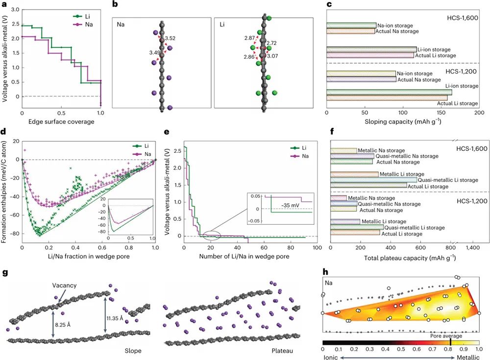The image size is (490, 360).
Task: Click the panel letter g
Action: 5,273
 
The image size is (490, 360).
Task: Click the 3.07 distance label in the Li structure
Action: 271,56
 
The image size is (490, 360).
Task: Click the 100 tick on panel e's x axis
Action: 317,248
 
